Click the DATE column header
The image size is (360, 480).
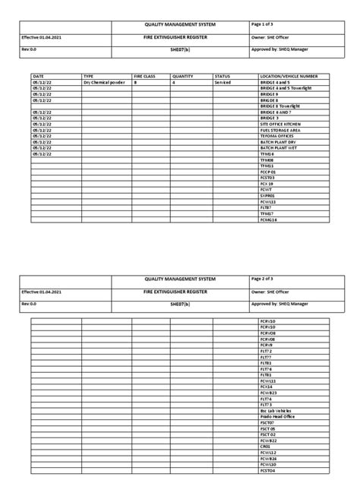[x=39, y=77]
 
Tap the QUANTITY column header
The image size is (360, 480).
[x=183, y=77]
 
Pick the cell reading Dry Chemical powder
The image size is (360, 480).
[x=103, y=83]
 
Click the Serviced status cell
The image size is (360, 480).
[x=223, y=83]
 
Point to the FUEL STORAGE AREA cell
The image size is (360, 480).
[x=279, y=130]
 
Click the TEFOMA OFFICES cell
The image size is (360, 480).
[x=275, y=135]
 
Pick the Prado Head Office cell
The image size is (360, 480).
[x=276, y=416]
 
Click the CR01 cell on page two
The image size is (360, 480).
[x=265, y=446]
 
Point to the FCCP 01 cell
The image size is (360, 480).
[x=268, y=171]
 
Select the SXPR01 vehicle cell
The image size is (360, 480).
[x=267, y=196]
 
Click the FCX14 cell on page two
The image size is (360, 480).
[x=267, y=387]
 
